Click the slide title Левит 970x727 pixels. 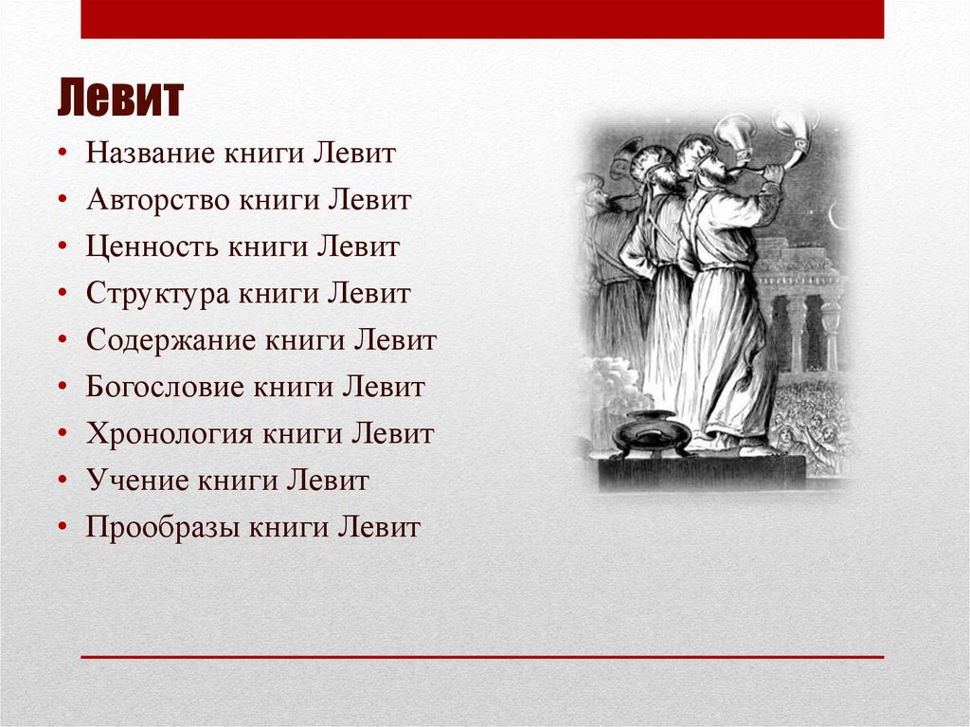click(x=119, y=100)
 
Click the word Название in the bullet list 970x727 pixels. click(x=150, y=154)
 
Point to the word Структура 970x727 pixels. click(x=157, y=294)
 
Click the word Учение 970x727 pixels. click(x=137, y=481)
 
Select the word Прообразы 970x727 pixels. click(x=162, y=527)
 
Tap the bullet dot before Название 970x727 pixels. click(x=63, y=154)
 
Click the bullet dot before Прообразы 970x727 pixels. click(x=63, y=527)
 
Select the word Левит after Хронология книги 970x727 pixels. click(x=393, y=434)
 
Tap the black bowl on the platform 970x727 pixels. click(x=651, y=433)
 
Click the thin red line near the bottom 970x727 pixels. click(x=482, y=656)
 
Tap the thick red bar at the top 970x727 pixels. click(x=482, y=19)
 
